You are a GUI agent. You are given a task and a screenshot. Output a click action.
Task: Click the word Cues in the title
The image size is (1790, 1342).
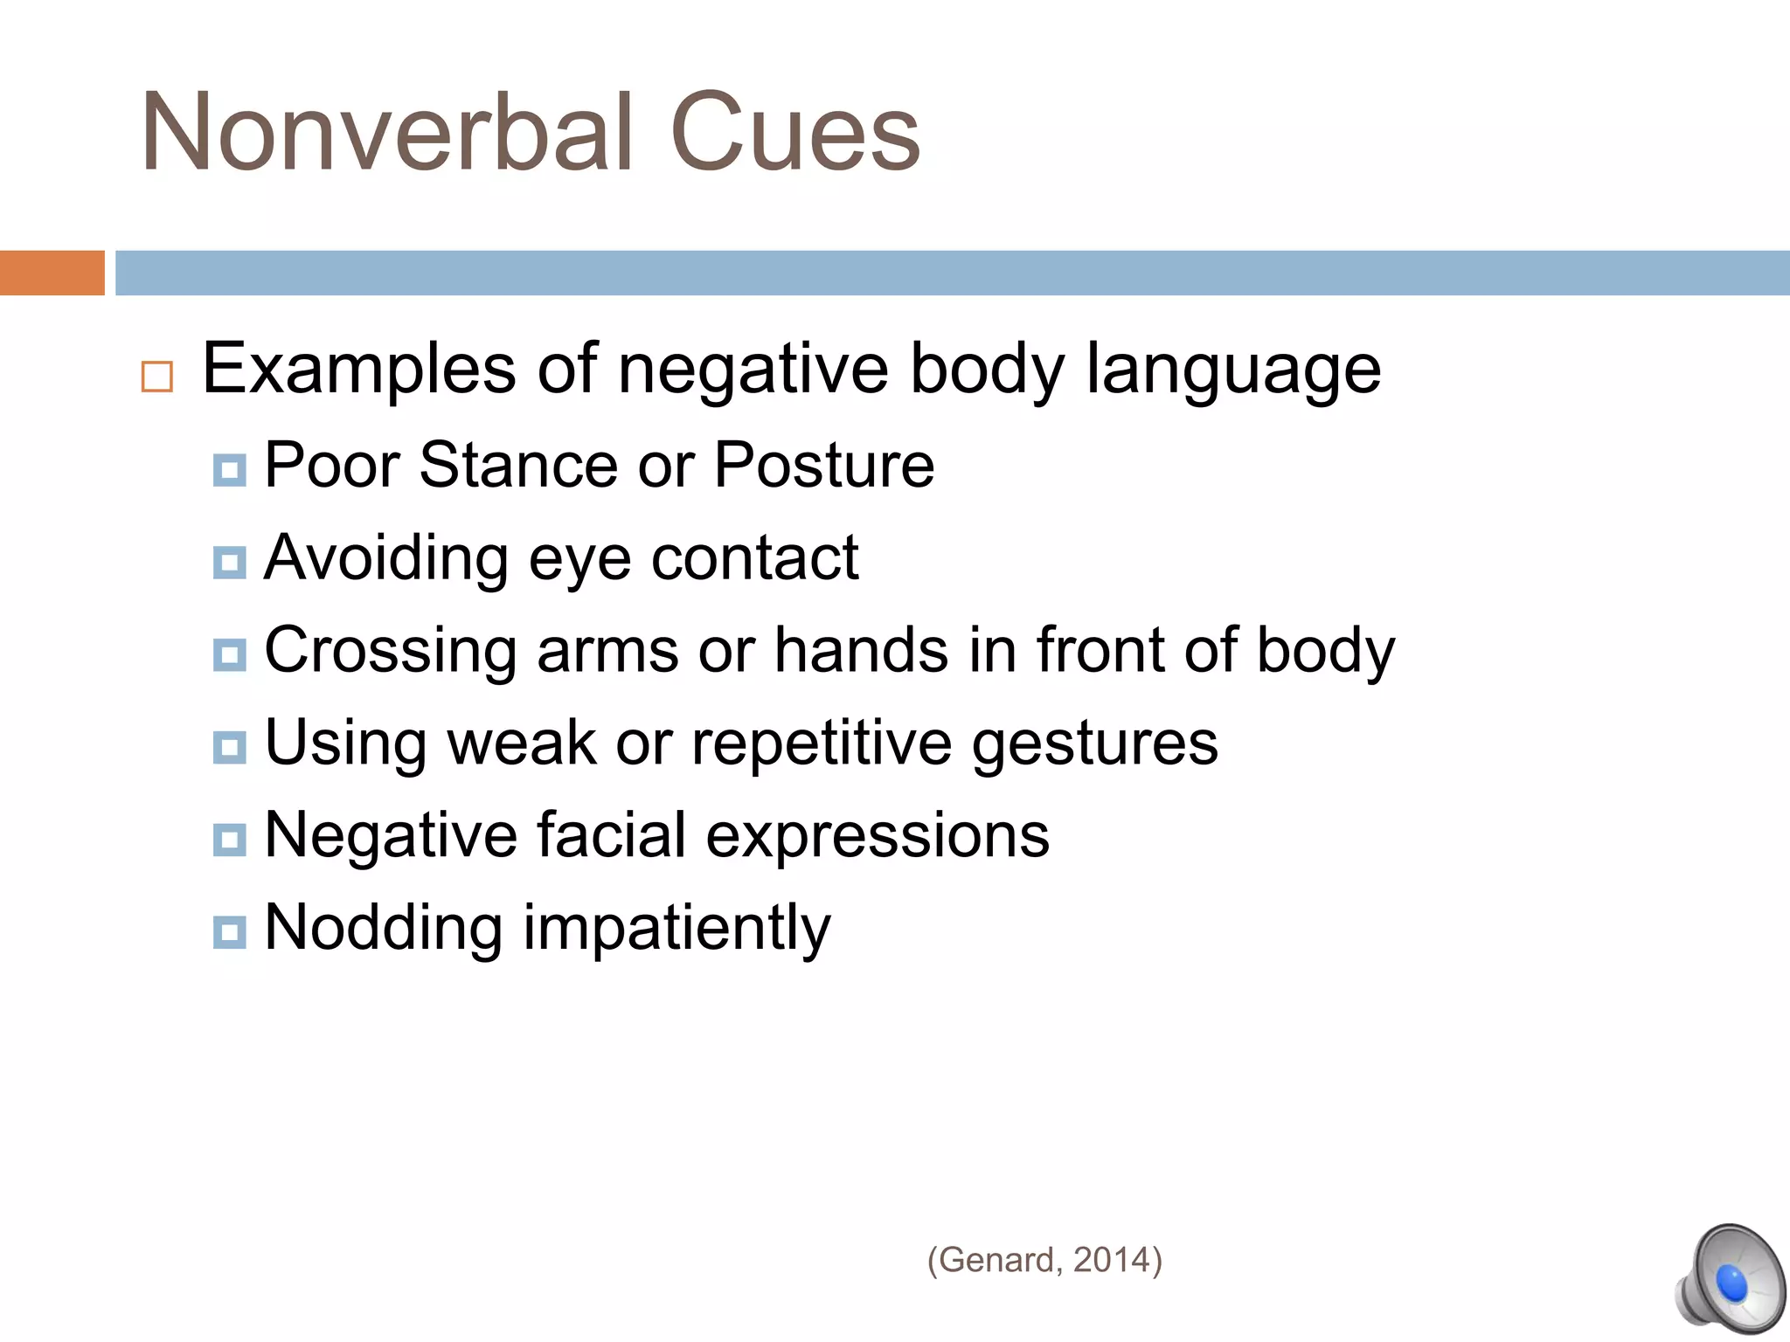[794, 134]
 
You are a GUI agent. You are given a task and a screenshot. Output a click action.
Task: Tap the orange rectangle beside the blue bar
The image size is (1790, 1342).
[52, 273]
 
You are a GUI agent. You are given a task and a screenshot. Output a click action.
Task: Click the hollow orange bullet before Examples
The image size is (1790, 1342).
[157, 377]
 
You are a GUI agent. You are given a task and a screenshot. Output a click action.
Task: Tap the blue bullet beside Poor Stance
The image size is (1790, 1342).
[229, 471]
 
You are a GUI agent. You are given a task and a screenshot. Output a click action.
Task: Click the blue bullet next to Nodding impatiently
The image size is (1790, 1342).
[229, 932]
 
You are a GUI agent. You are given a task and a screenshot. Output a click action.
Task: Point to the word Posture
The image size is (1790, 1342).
[824, 465]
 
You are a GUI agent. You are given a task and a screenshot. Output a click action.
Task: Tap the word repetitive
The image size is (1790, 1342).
[822, 744]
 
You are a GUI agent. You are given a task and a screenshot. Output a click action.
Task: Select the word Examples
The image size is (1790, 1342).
[358, 370]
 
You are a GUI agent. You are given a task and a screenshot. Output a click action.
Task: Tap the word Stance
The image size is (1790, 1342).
[518, 465]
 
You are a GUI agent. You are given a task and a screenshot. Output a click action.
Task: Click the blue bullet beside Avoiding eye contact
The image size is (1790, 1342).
[229, 563]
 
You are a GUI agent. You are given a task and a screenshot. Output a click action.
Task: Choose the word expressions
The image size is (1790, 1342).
[878, 837]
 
